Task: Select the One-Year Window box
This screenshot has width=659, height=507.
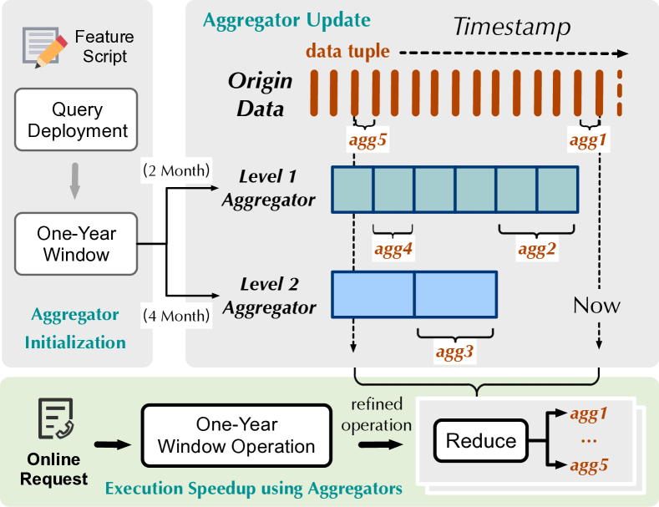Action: (75, 244)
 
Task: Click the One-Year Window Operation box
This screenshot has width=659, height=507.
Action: (236, 435)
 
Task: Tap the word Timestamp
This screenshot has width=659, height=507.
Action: (511, 28)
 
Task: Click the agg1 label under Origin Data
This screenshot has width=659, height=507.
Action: (589, 139)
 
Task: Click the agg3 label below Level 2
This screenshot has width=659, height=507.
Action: (455, 352)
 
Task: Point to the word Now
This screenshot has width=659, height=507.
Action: (596, 305)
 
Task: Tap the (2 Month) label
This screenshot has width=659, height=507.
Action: (177, 172)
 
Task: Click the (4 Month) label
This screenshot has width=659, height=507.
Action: (177, 316)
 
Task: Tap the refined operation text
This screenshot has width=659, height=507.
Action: (378, 414)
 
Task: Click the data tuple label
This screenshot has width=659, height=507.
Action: (347, 52)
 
